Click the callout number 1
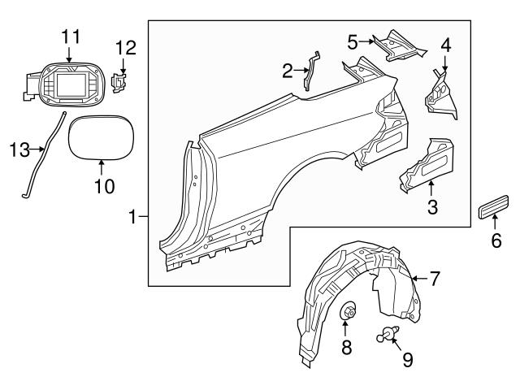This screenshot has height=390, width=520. pyautogui.click(x=132, y=217)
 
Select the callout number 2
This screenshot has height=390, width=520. pyautogui.click(x=287, y=71)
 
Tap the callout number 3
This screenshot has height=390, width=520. pyautogui.click(x=432, y=207)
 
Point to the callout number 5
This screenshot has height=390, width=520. pyautogui.click(x=353, y=40)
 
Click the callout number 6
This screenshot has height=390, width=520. pyautogui.click(x=496, y=240)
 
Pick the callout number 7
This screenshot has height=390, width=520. pyautogui.click(x=435, y=279)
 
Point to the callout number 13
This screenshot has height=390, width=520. pyautogui.click(x=18, y=149)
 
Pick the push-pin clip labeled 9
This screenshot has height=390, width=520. pyautogui.click(x=388, y=331)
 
